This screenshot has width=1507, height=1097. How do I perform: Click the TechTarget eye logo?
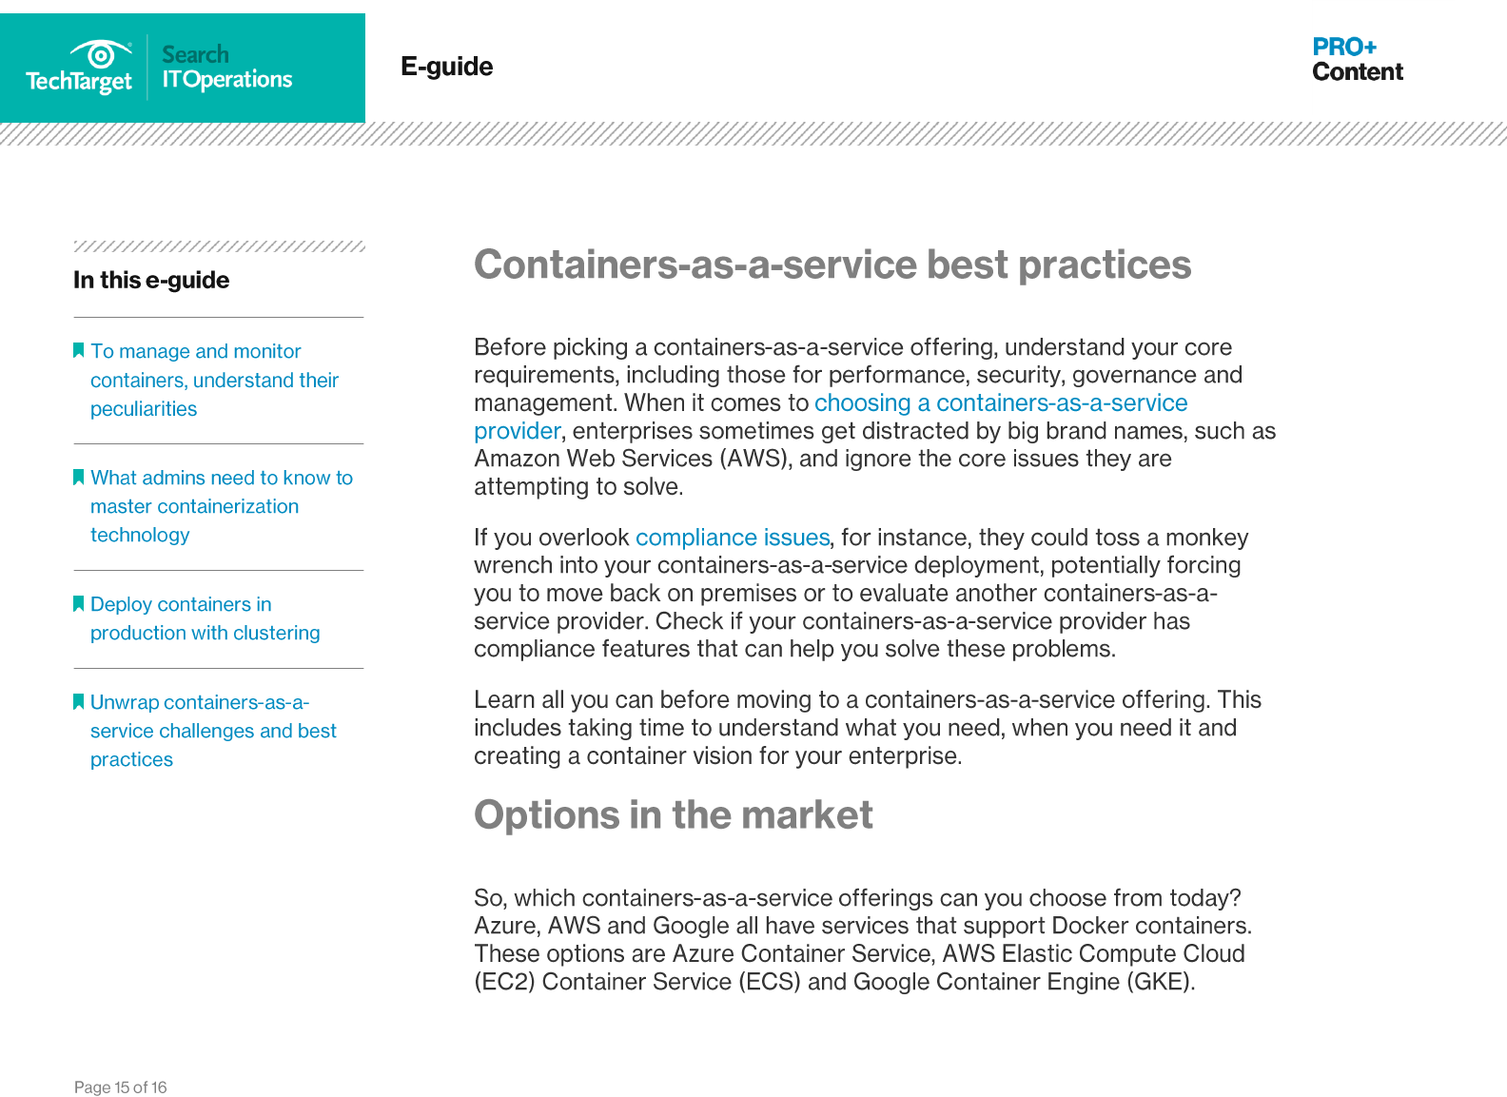tap(100, 54)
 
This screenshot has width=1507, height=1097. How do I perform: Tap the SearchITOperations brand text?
tap(226, 67)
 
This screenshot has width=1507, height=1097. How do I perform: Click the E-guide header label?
tap(447, 66)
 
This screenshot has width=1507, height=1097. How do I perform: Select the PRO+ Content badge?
tap(1357, 59)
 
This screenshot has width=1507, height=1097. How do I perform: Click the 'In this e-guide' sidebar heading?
tap(151, 280)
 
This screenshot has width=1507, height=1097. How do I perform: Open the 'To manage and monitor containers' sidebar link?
tap(214, 380)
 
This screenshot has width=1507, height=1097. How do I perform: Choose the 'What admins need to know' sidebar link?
tap(222, 506)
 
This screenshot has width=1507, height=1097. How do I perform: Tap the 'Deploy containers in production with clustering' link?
tap(205, 618)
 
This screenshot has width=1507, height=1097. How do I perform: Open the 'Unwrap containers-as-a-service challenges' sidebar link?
tap(213, 730)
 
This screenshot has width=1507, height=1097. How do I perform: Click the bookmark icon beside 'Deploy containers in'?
tap(79, 603)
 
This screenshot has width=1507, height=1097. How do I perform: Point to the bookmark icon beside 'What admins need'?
tap(79, 477)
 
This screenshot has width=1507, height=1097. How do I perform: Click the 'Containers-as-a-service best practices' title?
tap(832, 264)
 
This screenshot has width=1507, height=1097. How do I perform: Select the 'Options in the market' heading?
tap(673, 814)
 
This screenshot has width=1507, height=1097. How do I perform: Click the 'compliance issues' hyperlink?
tap(733, 538)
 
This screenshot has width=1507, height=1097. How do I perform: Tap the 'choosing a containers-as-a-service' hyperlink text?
tap(1001, 402)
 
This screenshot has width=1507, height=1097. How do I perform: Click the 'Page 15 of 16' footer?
tap(121, 1087)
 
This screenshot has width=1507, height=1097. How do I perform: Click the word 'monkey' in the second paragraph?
tap(1207, 538)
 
